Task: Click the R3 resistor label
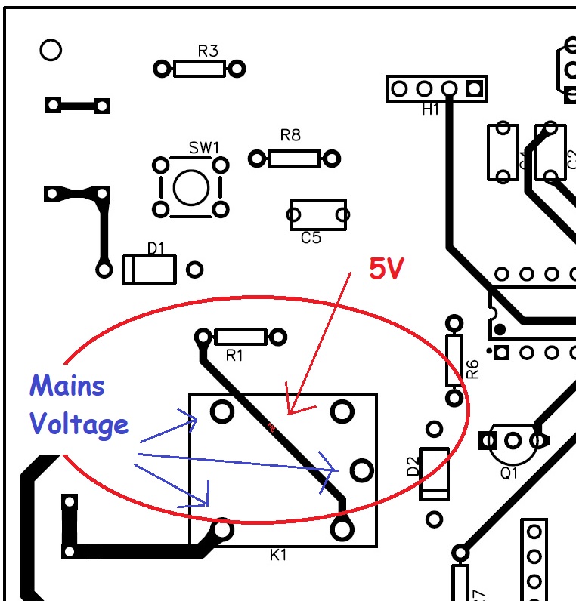click(208, 51)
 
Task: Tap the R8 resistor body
click(294, 159)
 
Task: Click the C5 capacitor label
click(311, 238)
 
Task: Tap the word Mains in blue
click(67, 386)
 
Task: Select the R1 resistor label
click(235, 354)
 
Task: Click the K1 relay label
click(279, 556)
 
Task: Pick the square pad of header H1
click(474, 89)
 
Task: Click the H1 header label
click(430, 110)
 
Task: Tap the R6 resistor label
click(472, 368)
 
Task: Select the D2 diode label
click(413, 467)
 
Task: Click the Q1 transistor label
click(509, 473)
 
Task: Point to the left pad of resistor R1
click(203, 336)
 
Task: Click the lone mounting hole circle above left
click(50, 51)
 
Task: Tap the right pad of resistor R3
click(237, 69)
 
